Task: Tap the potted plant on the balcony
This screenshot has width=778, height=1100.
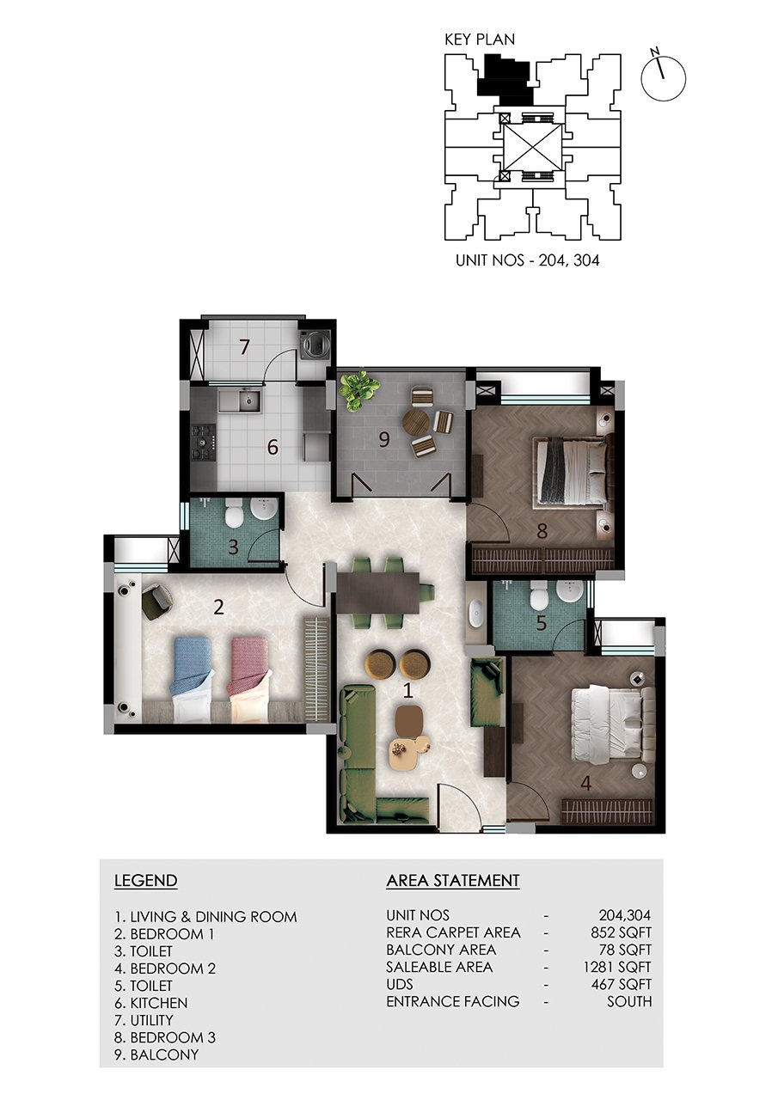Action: click(360, 390)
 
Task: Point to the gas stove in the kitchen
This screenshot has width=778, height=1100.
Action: click(204, 443)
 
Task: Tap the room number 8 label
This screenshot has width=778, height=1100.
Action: click(542, 531)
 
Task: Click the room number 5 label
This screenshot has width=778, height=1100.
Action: click(541, 623)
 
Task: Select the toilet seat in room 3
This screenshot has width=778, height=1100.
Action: click(235, 514)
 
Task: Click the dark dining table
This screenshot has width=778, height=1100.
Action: click(377, 593)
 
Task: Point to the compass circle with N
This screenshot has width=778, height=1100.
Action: click(663, 78)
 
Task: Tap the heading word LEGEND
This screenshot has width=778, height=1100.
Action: click(146, 880)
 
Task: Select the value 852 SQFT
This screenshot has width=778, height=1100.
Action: click(621, 932)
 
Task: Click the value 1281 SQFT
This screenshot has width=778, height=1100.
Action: click(617, 967)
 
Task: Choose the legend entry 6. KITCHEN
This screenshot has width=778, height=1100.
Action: click(151, 1002)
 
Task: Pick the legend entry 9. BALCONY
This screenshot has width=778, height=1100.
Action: click(156, 1054)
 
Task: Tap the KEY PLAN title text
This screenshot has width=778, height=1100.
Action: click(480, 40)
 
